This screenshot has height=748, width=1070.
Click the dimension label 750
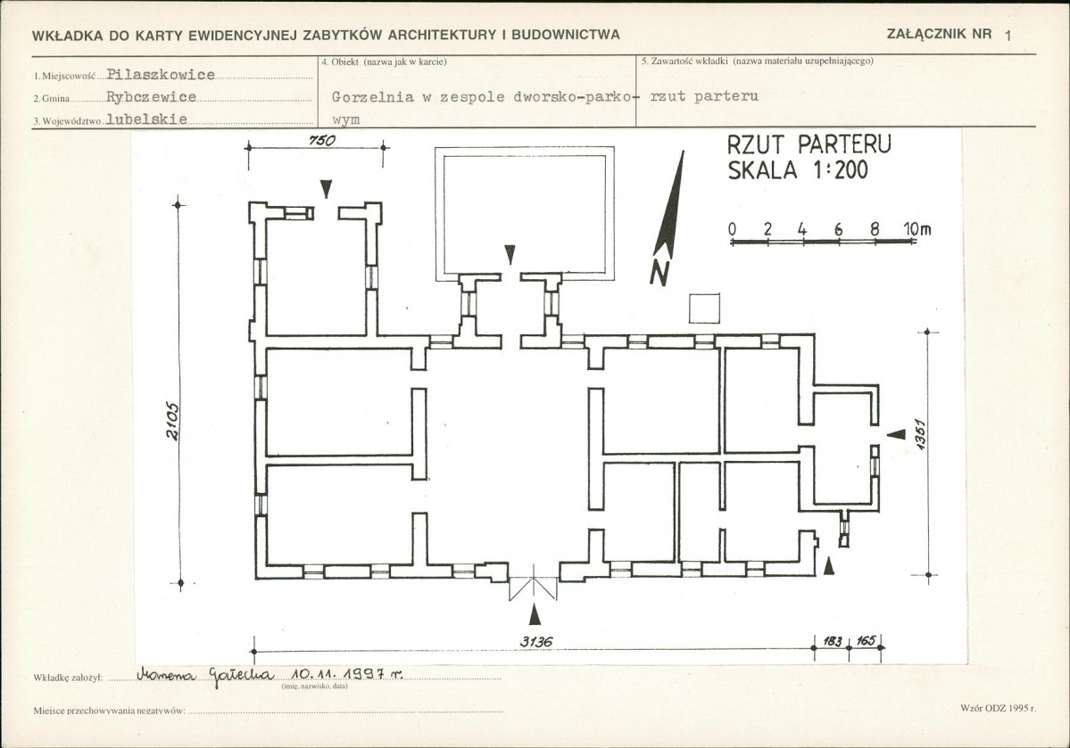322,141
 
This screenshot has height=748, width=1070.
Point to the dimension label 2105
172,422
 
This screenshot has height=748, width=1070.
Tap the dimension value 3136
535,642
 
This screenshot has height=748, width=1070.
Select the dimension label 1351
920,434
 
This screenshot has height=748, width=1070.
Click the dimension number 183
833,641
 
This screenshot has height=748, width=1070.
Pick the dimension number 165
866,641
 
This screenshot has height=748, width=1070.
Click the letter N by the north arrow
659,273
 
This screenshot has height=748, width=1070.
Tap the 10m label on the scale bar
917,229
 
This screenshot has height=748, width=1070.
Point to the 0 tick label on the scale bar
732,229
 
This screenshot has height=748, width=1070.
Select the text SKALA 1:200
798,169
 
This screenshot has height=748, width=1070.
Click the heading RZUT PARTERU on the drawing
809,144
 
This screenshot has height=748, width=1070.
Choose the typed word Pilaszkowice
161,75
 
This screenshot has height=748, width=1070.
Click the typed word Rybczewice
152,97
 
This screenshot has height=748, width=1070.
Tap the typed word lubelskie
146,119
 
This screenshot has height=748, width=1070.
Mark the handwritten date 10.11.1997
346,674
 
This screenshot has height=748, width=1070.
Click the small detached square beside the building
704,308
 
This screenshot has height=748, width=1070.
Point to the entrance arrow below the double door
535,615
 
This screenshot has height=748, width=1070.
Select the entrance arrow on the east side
896,434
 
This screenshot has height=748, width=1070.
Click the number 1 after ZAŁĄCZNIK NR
1008,37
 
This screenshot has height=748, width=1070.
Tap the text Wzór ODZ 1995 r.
998,708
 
